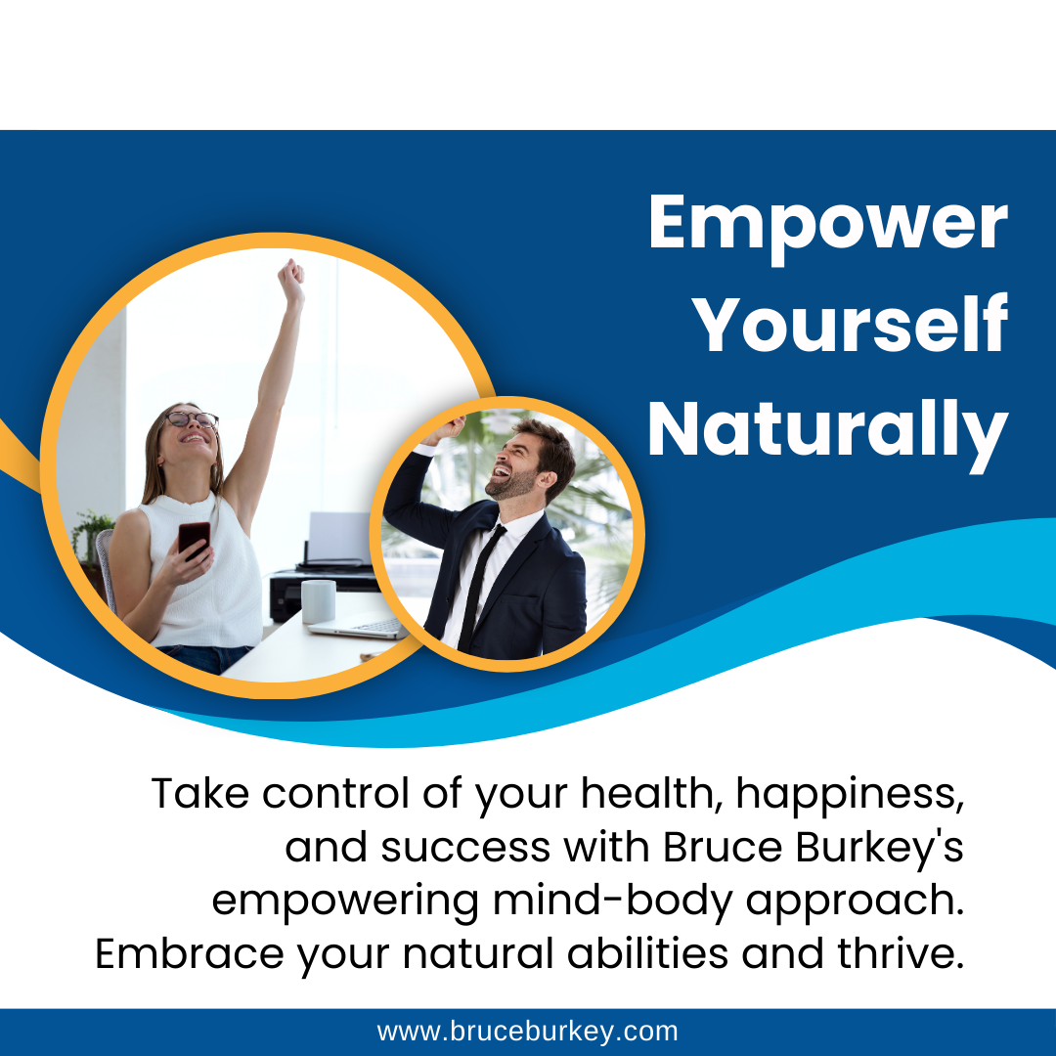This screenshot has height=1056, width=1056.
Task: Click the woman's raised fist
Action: pyautogui.click(x=291, y=280)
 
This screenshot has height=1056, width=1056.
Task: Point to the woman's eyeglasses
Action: pyautogui.click(x=192, y=419)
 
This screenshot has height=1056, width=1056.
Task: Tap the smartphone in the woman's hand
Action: pyautogui.click(x=194, y=539)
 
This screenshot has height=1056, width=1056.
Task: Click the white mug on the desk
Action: pyautogui.click(x=318, y=601)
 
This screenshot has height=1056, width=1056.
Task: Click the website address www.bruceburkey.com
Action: pyautogui.click(x=527, y=1032)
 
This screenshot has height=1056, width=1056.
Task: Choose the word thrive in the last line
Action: pyautogui.click(x=901, y=953)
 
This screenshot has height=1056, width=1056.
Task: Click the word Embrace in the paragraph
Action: pyautogui.click(x=190, y=953)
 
